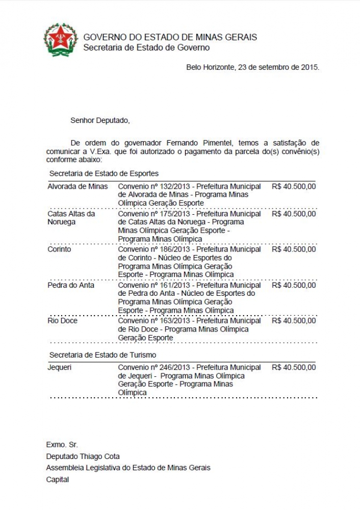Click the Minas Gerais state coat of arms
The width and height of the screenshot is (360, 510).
click(61, 40)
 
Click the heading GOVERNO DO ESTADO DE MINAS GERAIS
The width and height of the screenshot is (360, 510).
click(170, 37)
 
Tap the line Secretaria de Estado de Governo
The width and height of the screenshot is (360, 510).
click(146, 47)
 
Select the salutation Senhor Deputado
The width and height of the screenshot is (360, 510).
click(100, 120)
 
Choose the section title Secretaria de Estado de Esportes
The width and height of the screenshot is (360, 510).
click(104, 173)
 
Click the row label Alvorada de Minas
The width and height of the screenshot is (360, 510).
click(78, 186)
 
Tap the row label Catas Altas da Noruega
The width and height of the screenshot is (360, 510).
click(71, 218)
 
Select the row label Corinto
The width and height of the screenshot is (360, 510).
click(59, 249)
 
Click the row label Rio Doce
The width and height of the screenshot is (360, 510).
click(62, 321)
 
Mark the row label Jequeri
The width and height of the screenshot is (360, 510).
click(60, 367)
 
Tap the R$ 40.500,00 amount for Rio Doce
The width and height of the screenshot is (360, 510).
click(294, 321)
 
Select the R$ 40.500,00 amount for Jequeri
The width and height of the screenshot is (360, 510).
click(294, 367)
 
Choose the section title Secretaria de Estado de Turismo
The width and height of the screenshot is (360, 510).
click(102, 354)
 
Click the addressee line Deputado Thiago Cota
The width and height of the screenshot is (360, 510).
click(83, 456)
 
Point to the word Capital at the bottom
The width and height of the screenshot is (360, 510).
click(58, 479)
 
